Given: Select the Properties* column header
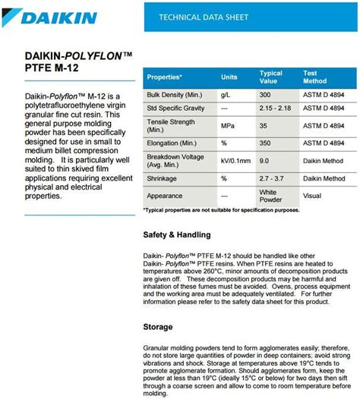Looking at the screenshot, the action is (165, 77).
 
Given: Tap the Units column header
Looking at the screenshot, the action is (229, 77).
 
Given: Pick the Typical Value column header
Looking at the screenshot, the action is (270, 77).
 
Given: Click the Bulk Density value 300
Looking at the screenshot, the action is (264, 96).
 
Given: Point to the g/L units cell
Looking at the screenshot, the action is (226, 96).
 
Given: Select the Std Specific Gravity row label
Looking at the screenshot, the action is (177, 109).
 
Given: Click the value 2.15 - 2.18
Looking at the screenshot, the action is (273, 109).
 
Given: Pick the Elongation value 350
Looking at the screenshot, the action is (264, 142).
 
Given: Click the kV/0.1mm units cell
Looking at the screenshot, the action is (235, 161).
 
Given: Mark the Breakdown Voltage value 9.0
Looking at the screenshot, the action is (264, 161).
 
